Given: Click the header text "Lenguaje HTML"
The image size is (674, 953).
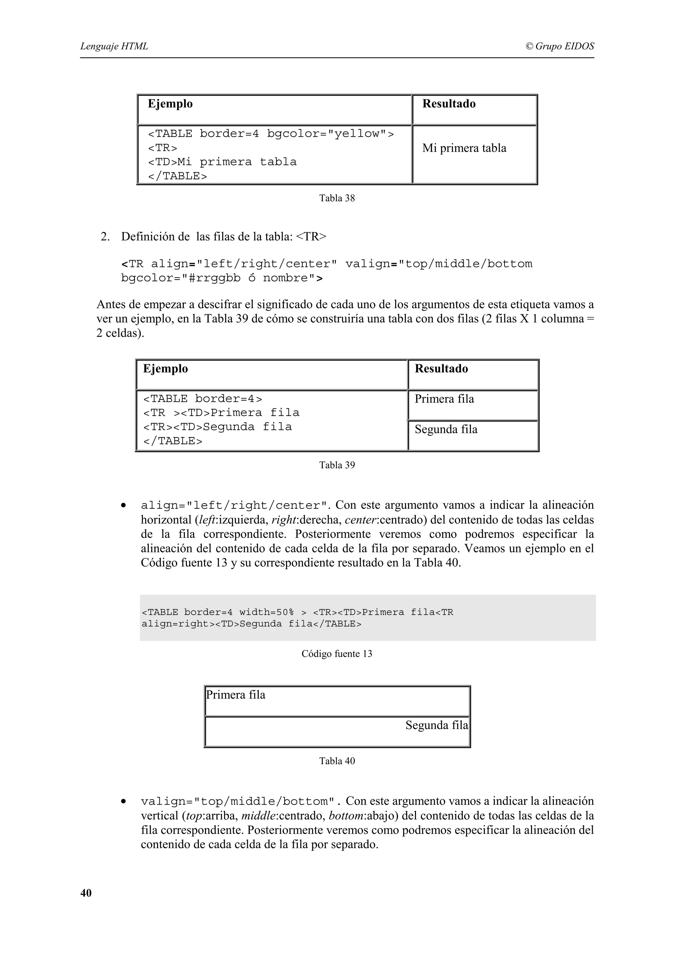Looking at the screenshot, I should point(114,46).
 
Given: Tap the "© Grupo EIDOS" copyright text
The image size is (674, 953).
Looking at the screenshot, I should point(559,46).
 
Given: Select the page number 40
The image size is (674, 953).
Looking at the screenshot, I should point(86,893).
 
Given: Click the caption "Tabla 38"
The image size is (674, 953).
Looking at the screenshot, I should point(337,198).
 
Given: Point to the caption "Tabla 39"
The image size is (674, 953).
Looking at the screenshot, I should point(337,465).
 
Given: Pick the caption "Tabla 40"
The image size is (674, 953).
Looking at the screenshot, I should point(337,761).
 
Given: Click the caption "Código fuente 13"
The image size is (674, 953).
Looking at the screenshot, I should point(337,654).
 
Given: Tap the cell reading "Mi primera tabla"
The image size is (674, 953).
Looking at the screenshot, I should point(464,148).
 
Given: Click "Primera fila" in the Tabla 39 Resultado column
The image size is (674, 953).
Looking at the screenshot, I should point(444,399).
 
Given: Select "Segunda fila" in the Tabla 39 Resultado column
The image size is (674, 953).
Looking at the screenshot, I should point(446,429).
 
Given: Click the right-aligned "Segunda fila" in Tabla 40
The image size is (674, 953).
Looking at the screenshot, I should point(436,725).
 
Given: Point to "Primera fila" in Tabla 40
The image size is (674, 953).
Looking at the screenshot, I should point(235,695).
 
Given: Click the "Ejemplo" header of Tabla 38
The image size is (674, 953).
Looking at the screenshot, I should point(170,104).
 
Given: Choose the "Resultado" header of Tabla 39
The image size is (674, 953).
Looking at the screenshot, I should point(441,369).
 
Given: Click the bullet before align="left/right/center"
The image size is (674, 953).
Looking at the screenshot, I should point(123,505).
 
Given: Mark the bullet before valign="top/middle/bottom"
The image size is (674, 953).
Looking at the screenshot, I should point(123,801).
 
